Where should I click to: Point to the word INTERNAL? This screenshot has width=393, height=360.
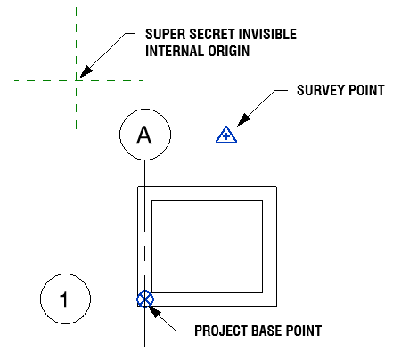(x=175, y=51)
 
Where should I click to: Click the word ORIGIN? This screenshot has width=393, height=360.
(x=229, y=51)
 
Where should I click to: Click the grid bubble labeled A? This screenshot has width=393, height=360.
(x=145, y=135)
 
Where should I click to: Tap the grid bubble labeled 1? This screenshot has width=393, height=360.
(x=65, y=299)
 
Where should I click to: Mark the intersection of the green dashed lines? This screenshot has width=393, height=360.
(x=77, y=80)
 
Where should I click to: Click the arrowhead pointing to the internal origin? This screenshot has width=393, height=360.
(x=86, y=72)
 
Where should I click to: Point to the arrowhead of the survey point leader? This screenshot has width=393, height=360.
(x=243, y=119)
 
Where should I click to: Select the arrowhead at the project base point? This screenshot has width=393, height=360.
(x=155, y=312)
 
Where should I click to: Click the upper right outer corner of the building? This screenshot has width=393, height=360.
(x=277, y=187)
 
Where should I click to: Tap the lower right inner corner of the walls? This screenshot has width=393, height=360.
(x=263, y=292)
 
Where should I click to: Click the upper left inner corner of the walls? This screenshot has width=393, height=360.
(x=152, y=201)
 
